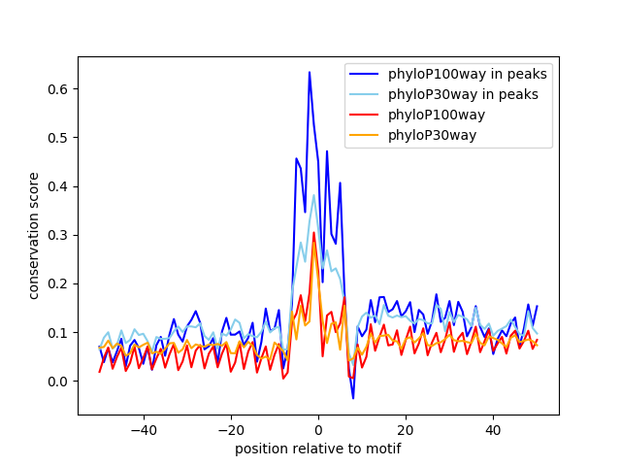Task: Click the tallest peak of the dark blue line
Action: (310, 72)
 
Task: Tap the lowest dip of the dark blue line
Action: (353, 398)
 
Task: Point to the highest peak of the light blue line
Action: (313, 195)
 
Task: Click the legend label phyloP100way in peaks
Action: (468, 74)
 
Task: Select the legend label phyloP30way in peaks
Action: (463, 94)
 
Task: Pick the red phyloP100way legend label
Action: (437, 115)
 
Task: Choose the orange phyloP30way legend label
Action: (432, 135)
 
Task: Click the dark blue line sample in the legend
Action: (364, 74)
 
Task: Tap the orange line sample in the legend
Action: (364, 135)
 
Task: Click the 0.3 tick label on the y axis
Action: (58, 235)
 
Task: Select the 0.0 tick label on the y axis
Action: (58, 382)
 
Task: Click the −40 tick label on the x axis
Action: (144, 430)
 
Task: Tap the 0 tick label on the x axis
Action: (318, 430)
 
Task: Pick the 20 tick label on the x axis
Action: (406, 430)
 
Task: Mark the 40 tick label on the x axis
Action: (493, 430)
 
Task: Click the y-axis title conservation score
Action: (34, 236)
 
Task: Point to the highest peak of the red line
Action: (313, 233)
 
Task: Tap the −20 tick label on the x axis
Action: (231, 430)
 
